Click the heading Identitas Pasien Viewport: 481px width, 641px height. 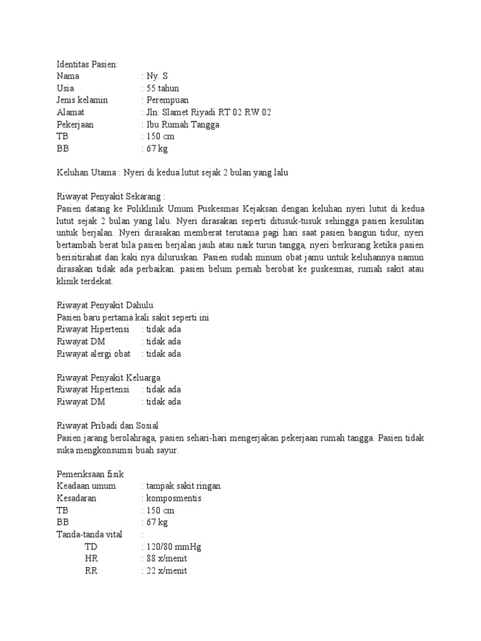(86, 64)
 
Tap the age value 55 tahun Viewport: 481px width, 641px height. (165, 88)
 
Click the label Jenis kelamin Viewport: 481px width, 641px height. (82, 100)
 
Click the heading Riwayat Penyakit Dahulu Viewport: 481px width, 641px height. (101, 305)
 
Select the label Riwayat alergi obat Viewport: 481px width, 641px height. (93, 354)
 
